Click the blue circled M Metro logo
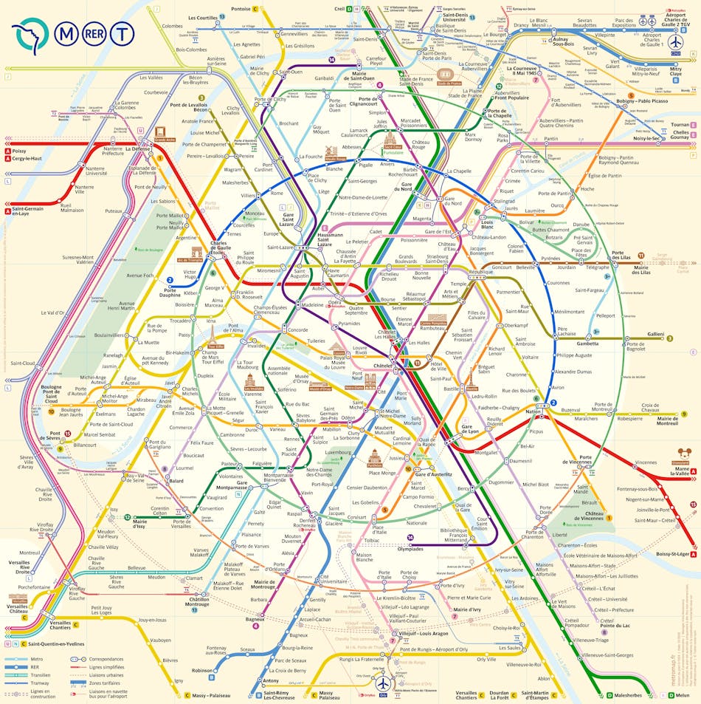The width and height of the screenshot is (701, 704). tap(68, 33)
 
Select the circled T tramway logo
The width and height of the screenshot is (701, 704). tap(122, 33)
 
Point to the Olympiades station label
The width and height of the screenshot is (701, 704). tap(410, 549)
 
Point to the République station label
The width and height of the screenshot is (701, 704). tap(480, 272)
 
